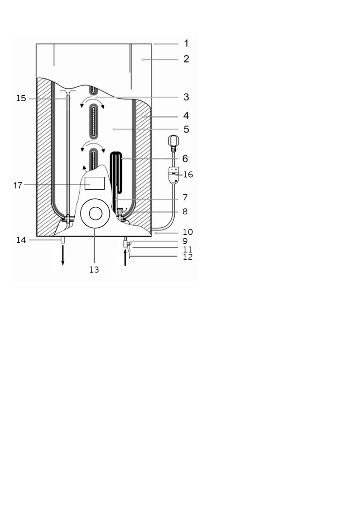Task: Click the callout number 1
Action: point(186,43)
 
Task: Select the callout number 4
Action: point(186,116)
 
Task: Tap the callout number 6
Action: point(185,159)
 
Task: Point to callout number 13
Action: point(94,270)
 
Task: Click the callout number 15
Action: point(21,98)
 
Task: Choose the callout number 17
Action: point(18,185)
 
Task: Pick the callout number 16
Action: point(188,175)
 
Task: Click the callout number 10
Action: point(188,232)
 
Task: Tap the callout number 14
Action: point(21,240)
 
